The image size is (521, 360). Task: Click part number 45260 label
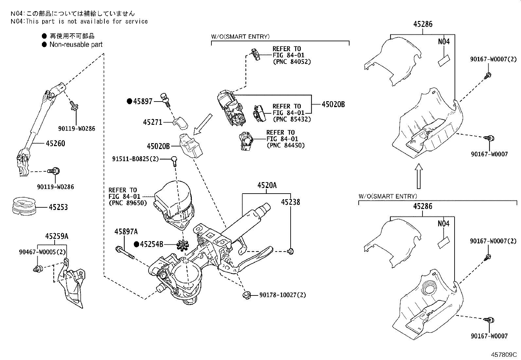(x=55, y=143)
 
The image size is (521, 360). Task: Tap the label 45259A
(x=57, y=236)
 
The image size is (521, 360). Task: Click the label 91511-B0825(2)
(x=135, y=159)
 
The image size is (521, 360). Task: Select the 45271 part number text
(x=153, y=122)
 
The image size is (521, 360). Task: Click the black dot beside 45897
(x=129, y=101)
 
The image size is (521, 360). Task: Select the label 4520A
(x=267, y=185)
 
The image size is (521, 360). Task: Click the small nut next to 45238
(x=290, y=252)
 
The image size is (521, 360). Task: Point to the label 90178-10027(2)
(x=282, y=295)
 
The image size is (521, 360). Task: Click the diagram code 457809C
(x=503, y=355)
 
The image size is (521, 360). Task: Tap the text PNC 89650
(x=128, y=203)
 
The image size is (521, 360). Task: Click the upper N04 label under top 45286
(x=444, y=42)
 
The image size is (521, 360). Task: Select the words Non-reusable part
(x=76, y=45)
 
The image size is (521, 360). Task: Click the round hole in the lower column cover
(x=428, y=289)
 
